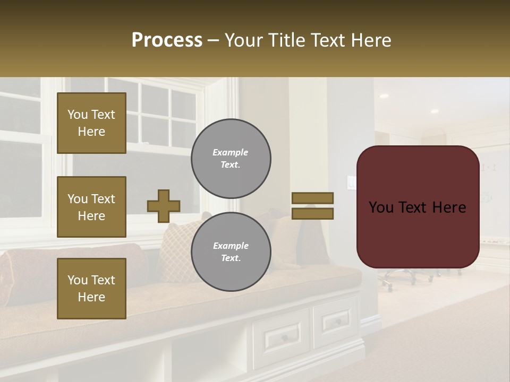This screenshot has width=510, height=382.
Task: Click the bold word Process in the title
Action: (167, 40)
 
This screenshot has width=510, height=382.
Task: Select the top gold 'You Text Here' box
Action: (91, 123)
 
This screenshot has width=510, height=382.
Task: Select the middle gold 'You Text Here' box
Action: (91, 207)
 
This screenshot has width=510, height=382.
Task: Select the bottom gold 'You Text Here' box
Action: (91, 289)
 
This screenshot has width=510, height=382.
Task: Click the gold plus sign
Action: (164, 206)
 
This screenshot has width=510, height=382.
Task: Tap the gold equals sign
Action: (313, 206)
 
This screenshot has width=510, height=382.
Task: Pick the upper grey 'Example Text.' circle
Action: (231, 159)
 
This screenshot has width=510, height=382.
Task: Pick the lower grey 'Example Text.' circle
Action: (231, 252)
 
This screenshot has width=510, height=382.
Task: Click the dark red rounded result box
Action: (418, 207)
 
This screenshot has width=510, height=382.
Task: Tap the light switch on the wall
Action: (351, 182)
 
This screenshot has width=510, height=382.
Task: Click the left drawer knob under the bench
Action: (285, 337)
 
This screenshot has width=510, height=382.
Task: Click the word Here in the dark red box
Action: (449, 207)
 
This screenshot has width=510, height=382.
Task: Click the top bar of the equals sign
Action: (313, 198)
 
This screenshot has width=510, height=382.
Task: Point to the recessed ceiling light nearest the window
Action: (382, 96)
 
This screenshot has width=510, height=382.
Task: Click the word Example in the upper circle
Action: (231, 152)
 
